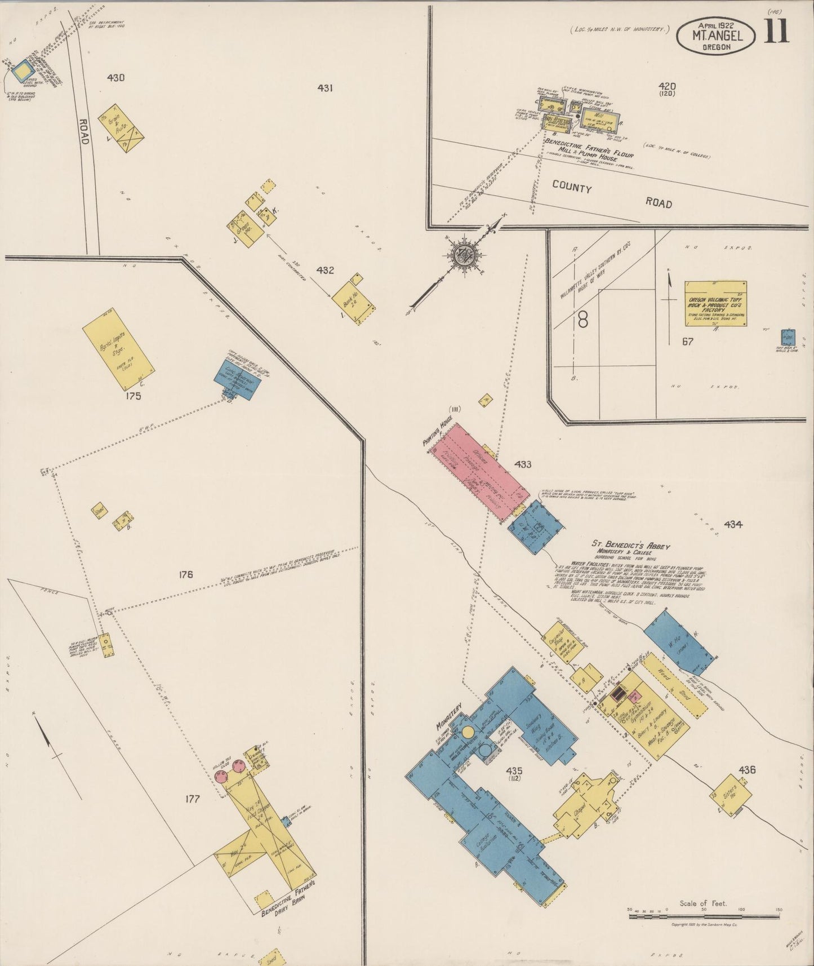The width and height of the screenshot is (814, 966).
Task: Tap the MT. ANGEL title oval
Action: pos(716,36)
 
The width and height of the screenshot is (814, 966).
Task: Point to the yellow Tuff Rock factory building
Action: pos(715,303)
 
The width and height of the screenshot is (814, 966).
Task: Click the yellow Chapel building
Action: pos(586,803)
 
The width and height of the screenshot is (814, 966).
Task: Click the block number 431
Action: pos(325,88)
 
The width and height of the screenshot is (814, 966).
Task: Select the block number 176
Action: pos(185,574)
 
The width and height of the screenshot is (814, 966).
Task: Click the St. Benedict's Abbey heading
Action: pos(630,545)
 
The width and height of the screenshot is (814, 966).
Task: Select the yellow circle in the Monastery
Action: pos(467,733)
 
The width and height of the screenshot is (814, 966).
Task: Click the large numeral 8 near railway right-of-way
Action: pos(582,321)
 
